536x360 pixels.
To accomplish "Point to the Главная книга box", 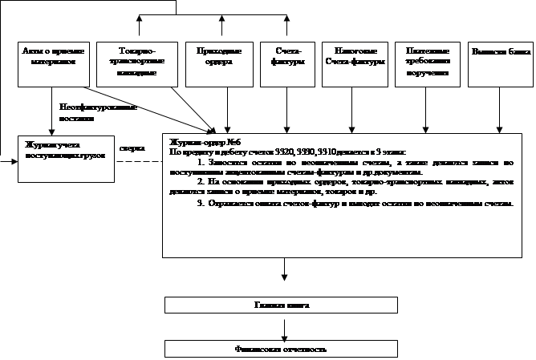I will [x=281, y=305].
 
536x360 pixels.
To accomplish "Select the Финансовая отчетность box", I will [x=281, y=349].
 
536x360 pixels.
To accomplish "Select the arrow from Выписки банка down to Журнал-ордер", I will [x=499, y=107].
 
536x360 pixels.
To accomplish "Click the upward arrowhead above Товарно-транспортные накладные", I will [x=140, y=18].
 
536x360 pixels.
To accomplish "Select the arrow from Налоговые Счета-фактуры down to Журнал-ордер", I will [x=350, y=107].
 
